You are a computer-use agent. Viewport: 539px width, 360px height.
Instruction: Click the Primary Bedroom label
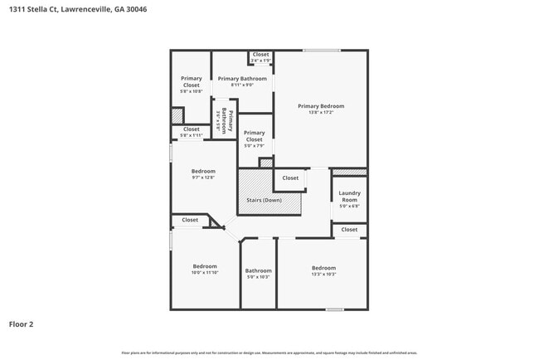point(321,106)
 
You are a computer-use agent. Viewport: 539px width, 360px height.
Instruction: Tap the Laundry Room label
point(349,197)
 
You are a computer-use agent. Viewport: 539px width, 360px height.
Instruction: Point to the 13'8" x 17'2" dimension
point(321,112)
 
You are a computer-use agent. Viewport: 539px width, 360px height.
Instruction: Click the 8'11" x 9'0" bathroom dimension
point(242,85)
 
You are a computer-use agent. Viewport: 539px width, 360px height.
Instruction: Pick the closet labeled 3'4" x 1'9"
point(260,61)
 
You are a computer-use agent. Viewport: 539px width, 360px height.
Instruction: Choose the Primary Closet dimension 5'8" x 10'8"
point(192,91)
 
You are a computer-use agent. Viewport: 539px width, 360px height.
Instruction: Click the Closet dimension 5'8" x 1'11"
point(192,135)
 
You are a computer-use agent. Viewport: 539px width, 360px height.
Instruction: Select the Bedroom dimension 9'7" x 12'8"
point(203,178)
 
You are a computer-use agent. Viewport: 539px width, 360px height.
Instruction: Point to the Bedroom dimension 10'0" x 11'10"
point(205,273)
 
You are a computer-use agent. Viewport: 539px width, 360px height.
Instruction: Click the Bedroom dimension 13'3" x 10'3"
point(323,274)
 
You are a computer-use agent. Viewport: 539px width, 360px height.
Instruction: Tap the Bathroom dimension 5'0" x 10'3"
point(258,277)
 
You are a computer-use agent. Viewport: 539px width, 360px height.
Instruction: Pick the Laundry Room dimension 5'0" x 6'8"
point(349,207)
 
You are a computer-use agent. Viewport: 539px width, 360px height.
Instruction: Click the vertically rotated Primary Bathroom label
point(231,122)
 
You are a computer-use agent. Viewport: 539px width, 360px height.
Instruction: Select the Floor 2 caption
point(21,324)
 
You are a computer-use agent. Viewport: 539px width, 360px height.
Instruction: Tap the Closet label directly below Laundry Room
point(349,229)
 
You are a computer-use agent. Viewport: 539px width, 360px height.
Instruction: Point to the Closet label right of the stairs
point(290,178)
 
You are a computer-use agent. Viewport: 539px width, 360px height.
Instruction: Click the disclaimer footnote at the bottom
point(269,353)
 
